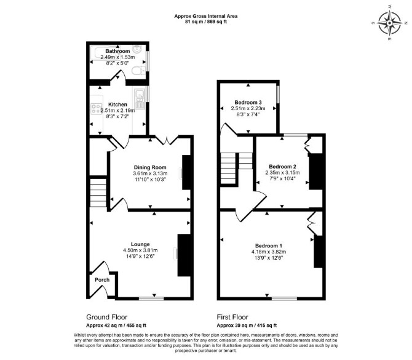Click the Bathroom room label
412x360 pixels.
(117, 51)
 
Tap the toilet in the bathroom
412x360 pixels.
(138, 71)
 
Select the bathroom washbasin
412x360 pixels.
(137, 49)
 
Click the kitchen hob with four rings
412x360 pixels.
(97, 108)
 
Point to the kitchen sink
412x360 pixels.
(140, 98)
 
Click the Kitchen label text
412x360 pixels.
(117, 105)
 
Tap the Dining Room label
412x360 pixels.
(150, 167)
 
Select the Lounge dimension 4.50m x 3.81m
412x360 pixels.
(140, 250)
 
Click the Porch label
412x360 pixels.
(102, 280)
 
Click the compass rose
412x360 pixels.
(389, 23)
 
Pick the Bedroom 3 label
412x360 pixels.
(248, 102)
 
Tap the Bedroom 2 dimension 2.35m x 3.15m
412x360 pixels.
(282, 173)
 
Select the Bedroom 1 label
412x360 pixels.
(269, 246)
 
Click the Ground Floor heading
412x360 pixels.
(106, 317)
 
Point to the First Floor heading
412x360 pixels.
(232, 317)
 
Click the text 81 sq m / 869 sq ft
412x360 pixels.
(206, 22)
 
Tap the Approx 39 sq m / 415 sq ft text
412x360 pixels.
(247, 326)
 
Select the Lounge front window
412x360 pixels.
(151, 298)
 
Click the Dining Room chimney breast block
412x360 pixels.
(186, 172)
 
